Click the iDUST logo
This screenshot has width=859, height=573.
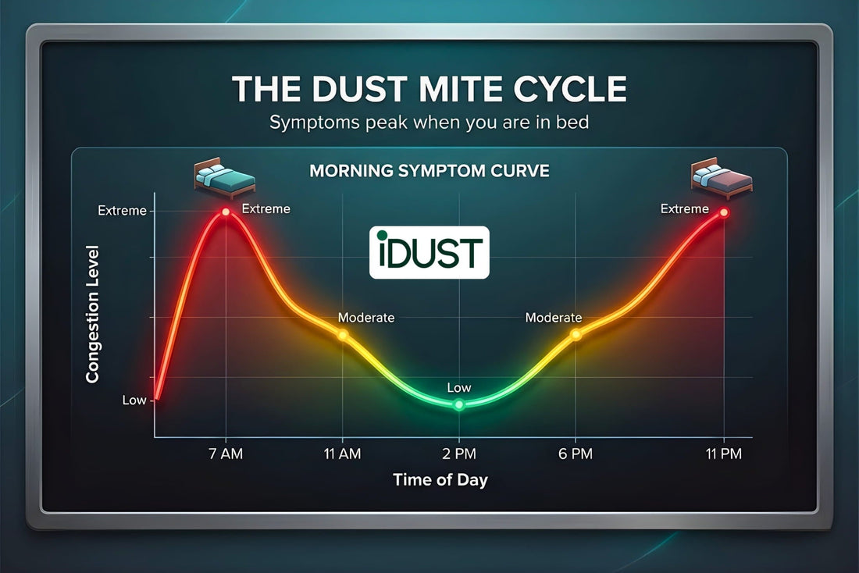pyautogui.click(x=429, y=253)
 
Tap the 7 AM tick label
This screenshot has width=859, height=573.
pyautogui.click(x=226, y=453)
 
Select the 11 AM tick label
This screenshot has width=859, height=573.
pyautogui.click(x=342, y=453)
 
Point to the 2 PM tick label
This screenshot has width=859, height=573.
pyautogui.click(x=459, y=453)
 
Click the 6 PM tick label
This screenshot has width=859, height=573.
pyautogui.click(x=576, y=453)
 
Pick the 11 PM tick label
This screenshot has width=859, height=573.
pyautogui.click(x=723, y=453)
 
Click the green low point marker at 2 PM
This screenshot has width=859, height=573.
pyautogui.click(x=459, y=404)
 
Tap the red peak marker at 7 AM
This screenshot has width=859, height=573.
pyautogui.click(x=226, y=212)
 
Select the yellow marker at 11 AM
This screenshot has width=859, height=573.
pyautogui.click(x=342, y=334)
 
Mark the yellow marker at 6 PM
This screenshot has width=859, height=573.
pyautogui.click(x=576, y=334)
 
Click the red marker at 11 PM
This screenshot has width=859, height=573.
pyautogui.click(x=724, y=212)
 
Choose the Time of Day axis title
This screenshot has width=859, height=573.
pyautogui.click(x=440, y=480)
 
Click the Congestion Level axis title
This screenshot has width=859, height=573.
pyautogui.click(x=93, y=313)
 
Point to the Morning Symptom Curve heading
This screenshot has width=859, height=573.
pyautogui.click(x=429, y=170)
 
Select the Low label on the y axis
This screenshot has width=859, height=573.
pyautogui.click(x=134, y=400)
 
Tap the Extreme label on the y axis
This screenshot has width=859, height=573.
pyautogui.click(x=121, y=211)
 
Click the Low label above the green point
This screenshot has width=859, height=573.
pyautogui.click(x=459, y=387)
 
